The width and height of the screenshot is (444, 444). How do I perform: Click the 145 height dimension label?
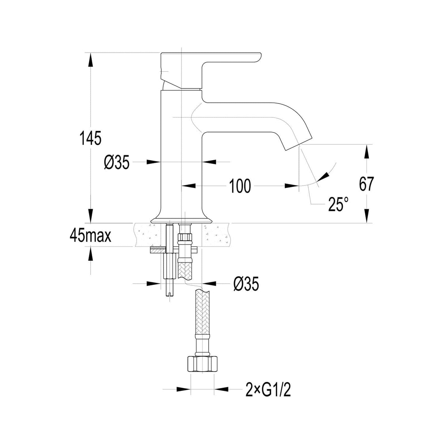pyautogui.click(x=90, y=138)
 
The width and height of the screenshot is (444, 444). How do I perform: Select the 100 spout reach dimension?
pyautogui.click(x=240, y=186)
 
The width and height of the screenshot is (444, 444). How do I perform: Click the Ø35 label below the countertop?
pyautogui.click(x=246, y=284)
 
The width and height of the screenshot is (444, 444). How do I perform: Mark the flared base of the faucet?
pyautogui.click(x=181, y=218)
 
